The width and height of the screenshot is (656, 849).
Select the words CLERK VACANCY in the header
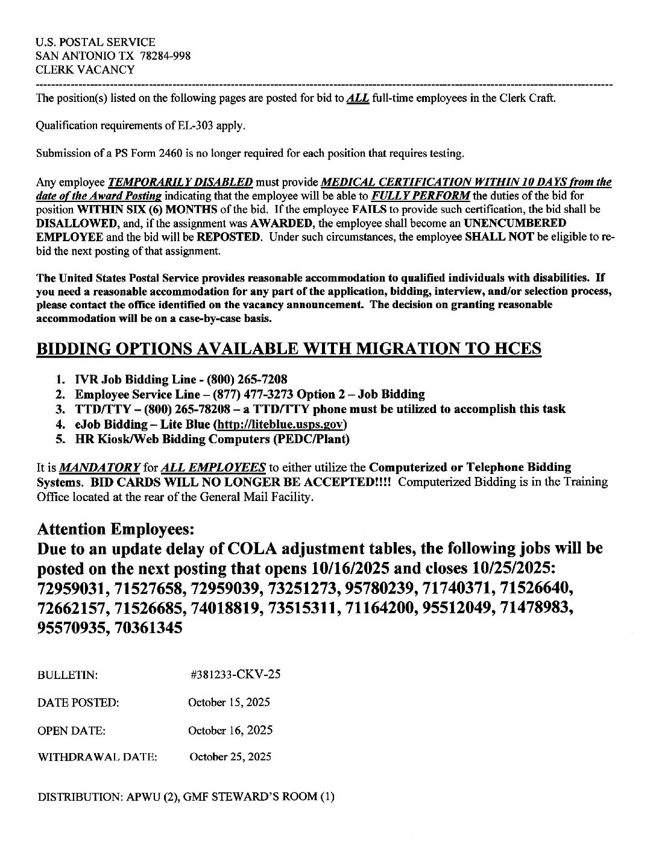(x=85, y=69)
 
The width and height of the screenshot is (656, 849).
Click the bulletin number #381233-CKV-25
(x=235, y=675)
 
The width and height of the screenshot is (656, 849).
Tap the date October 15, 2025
(x=229, y=702)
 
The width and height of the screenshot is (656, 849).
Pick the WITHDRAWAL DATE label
(x=98, y=757)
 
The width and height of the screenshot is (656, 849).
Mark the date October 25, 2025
(x=230, y=757)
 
